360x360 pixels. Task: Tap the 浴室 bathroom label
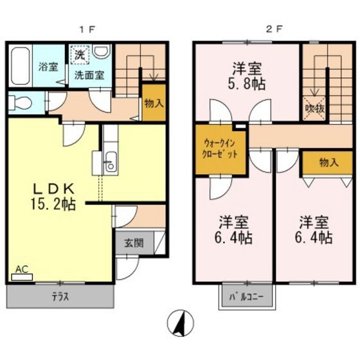47,66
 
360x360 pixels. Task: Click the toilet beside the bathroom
19,102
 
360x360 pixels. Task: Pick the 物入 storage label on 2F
328,163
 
